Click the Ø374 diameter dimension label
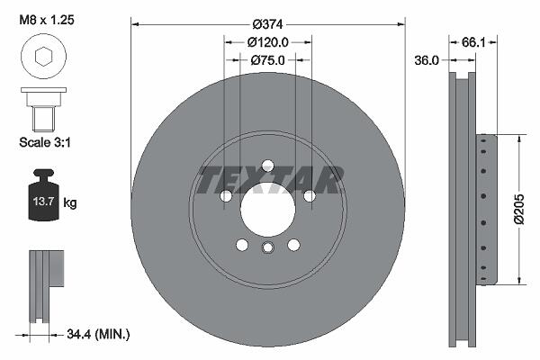click(267, 24)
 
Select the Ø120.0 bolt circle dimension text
click(268, 42)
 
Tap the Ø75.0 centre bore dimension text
click(268, 60)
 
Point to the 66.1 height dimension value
click(473, 42)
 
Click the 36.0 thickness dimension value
click(427, 60)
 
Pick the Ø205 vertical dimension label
click(519, 209)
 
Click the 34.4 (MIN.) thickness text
click(98, 334)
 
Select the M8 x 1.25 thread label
click(47, 20)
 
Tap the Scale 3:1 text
click(45, 142)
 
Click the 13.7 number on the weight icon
click(43, 202)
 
